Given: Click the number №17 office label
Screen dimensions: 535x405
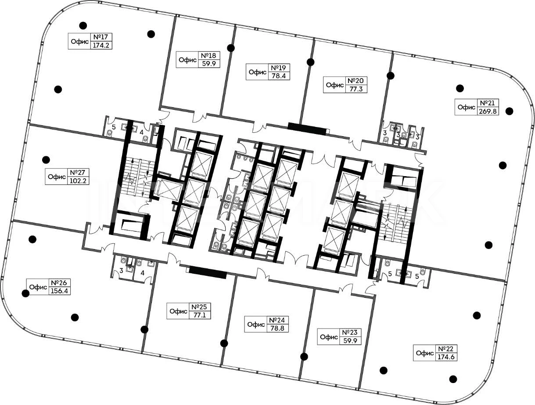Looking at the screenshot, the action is point(101,37).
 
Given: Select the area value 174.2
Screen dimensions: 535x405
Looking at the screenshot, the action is point(101,45).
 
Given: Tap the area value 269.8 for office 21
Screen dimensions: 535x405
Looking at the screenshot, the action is point(488,111).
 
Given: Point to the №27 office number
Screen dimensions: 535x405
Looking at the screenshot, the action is point(78,172).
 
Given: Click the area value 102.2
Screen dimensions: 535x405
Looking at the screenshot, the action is point(78,181).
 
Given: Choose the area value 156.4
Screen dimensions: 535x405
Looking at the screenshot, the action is point(59,291).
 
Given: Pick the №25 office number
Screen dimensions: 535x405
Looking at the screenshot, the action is point(200,307).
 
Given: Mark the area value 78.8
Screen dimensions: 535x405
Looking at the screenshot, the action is point(277,328).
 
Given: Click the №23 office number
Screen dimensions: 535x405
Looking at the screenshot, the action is point(350,332).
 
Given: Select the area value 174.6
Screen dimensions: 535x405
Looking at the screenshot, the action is point(446,357).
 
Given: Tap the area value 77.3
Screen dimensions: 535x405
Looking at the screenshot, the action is point(356,89).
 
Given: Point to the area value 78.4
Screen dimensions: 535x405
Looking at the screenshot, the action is point(279,76).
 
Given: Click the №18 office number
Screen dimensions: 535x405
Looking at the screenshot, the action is point(209,55).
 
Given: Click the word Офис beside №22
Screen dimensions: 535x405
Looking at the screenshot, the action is point(424,353).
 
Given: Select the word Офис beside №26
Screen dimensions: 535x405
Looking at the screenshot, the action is point(38,287).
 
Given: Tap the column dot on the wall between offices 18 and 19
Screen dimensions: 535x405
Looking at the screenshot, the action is point(231,48).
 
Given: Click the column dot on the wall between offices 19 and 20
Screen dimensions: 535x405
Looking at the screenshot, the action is point(311,62).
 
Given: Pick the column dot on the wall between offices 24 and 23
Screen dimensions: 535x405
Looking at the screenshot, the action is point(304,357).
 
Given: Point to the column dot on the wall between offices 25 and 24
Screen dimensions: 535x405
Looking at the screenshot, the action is point(224,344).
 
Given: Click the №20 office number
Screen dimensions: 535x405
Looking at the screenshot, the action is point(355,81).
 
